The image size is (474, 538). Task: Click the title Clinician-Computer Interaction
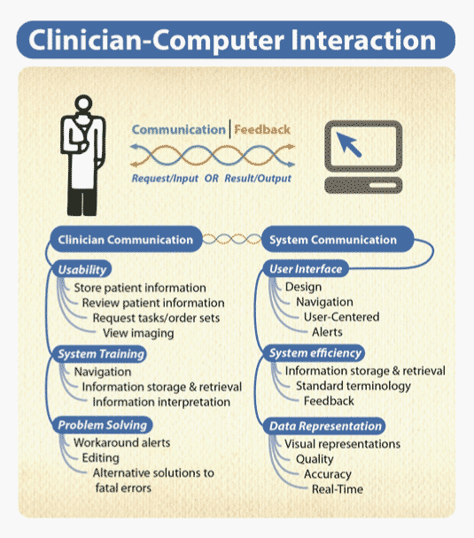pyautogui.click(x=232, y=41)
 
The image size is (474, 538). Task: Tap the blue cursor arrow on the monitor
pyautogui.click(x=348, y=144)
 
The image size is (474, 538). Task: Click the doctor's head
pyautogui.click(x=83, y=103)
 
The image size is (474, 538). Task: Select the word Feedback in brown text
pyautogui.click(x=262, y=130)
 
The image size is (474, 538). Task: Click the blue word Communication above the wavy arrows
pyautogui.click(x=179, y=130)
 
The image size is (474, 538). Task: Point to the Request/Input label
pyautogui.click(x=165, y=179)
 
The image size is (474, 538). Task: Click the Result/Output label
pyautogui.click(x=258, y=179)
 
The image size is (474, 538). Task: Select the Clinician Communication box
pyautogui.click(x=126, y=240)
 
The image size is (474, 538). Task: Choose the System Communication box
pyautogui.click(x=338, y=240)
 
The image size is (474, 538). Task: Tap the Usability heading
pyautogui.click(x=82, y=270)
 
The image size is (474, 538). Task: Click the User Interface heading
pyautogui.click(x=306, y=269)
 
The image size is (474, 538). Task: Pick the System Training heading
pyautogui.click(x=100, y=354)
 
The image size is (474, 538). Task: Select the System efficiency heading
pyautogui.click(x=315, y=353)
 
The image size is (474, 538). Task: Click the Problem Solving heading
pyautogui.click(x=103, y=425)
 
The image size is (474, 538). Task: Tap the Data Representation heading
pyautogui.click(x=325, y=427)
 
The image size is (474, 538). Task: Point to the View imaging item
pyautogui.click(x=138, y=334)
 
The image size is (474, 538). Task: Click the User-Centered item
pyautogui.click(x=341, y=317)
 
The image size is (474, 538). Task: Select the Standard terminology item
pyautogui.click(x=354, y=386)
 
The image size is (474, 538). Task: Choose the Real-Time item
pyautogui.click(x=338, y=489)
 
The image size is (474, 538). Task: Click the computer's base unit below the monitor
pyautogui.click(x=363, y=185)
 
